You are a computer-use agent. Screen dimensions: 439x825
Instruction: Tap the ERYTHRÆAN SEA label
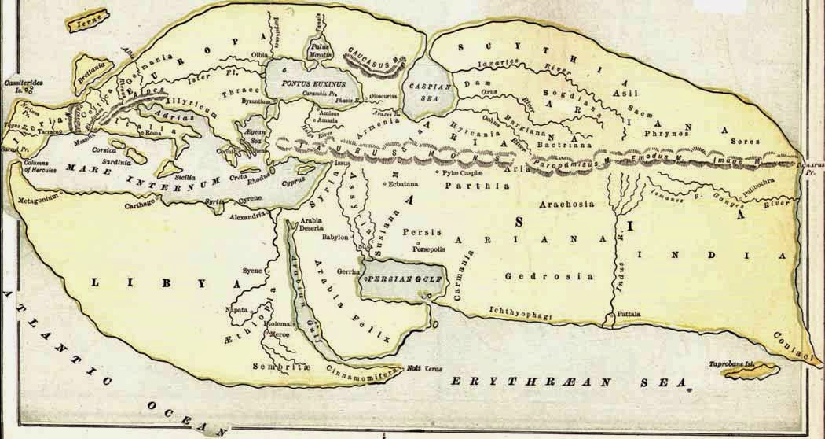tap(570, 382)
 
